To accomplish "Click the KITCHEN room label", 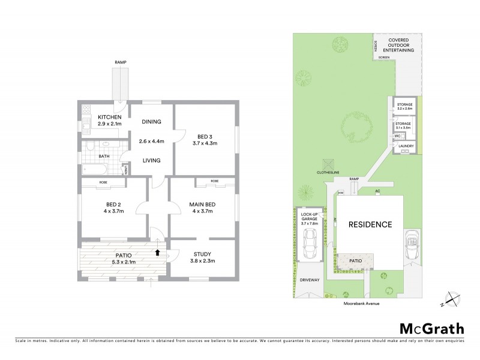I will (110, 117).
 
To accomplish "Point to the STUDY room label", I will (203, 254).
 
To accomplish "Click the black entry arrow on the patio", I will (158, 253).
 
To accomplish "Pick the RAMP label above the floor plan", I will (121, 62).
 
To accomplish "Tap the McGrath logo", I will (431, 328).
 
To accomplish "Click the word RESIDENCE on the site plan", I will (370, 224).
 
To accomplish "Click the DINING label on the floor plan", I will (151, 122).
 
